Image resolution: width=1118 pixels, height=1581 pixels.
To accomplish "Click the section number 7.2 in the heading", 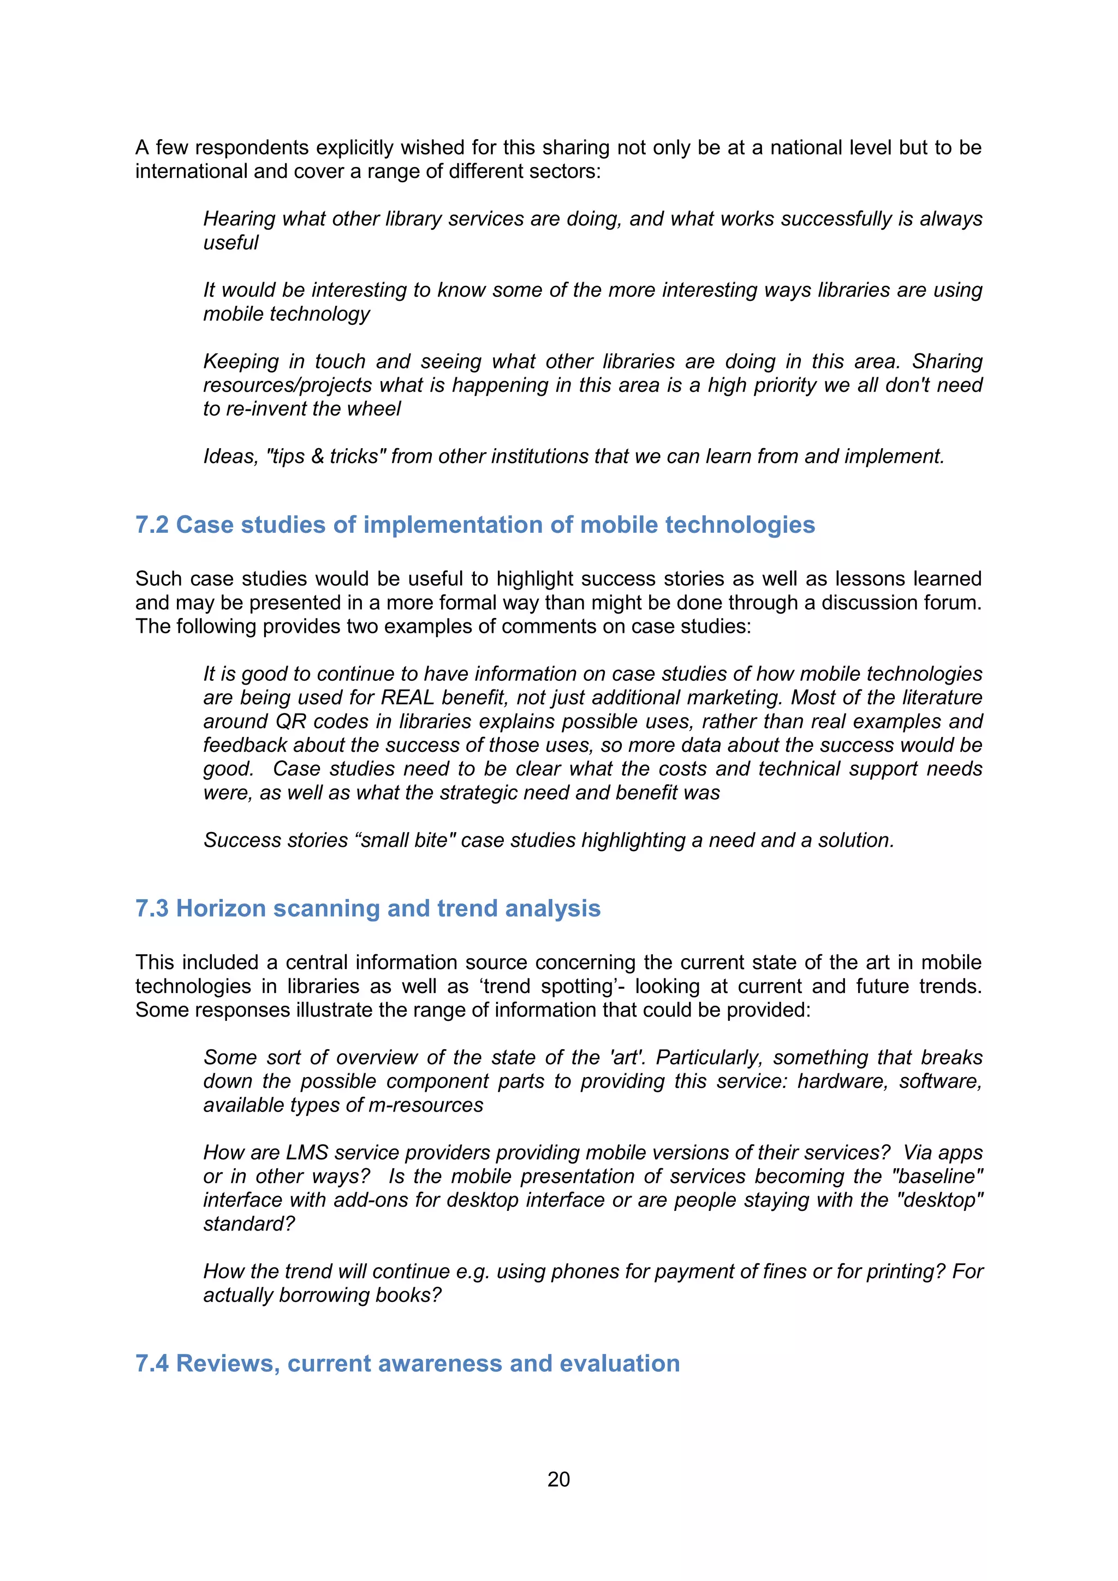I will pos(151,525).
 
